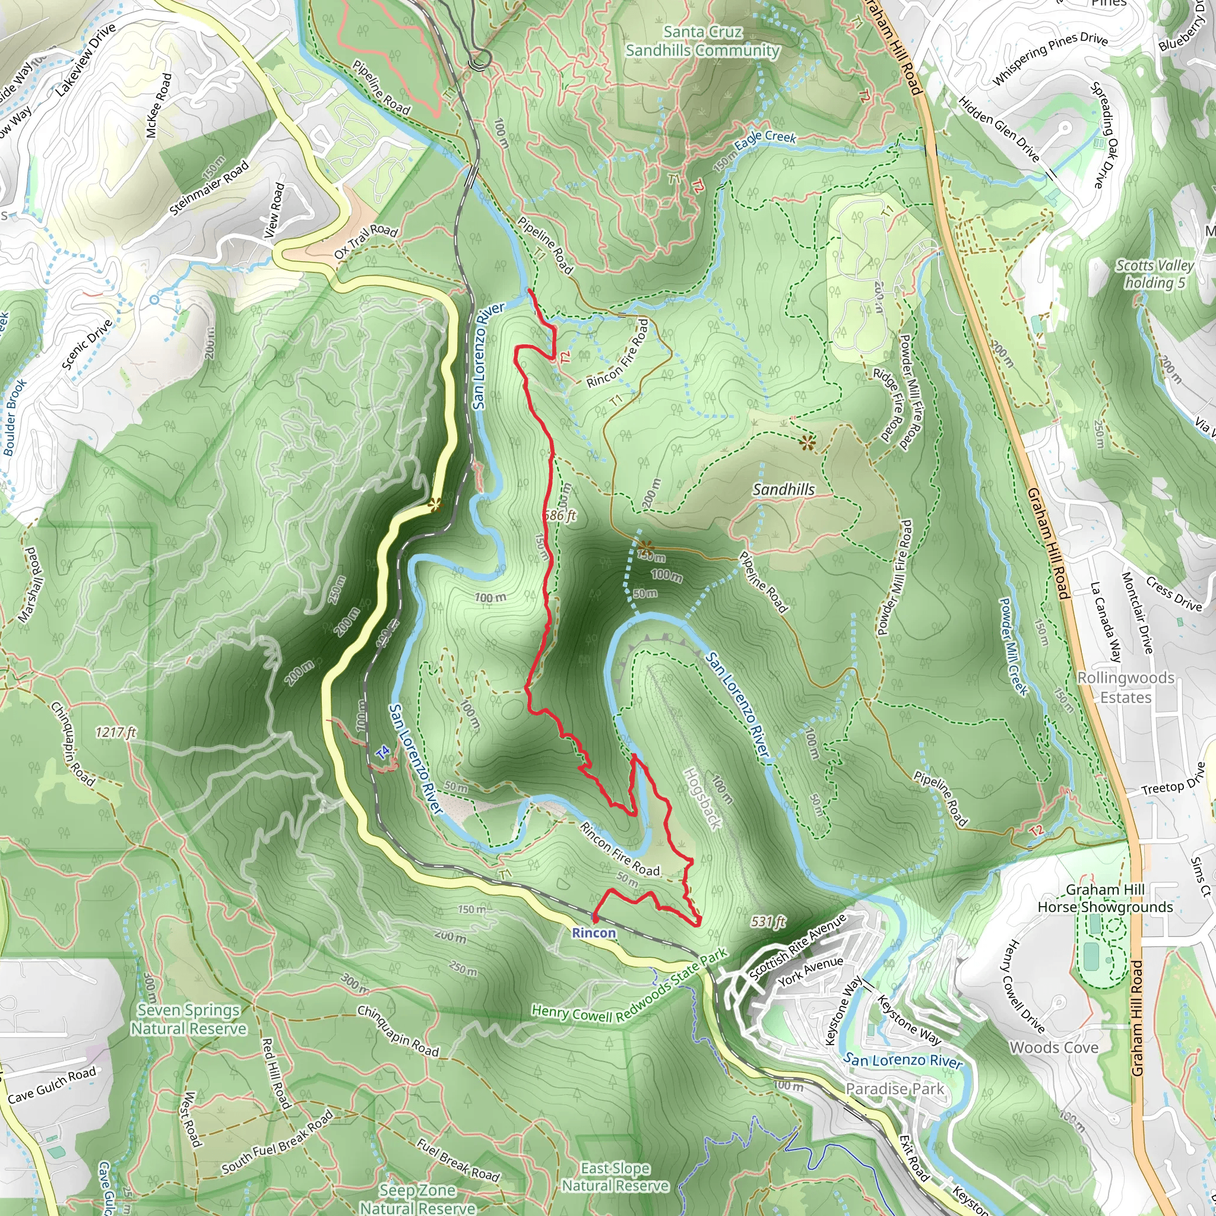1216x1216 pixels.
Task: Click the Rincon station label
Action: coord(594,933)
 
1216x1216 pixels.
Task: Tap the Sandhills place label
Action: coord(784,490)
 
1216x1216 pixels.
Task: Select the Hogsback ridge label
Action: coord(702,798)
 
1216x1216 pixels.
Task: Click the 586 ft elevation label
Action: coord(559,515)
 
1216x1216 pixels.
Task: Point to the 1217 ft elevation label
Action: coord(116,732)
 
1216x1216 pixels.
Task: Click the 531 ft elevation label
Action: coord(768,922)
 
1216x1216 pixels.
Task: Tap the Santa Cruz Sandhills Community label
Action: coord(702,41)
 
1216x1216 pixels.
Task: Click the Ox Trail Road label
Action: coord(366,242)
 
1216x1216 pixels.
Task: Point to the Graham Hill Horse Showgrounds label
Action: coord(1105,898)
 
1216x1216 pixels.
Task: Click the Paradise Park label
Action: coord(894,1089)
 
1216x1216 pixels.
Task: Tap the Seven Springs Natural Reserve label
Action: coord(189,1019)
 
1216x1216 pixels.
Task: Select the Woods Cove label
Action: coord(1054,1047)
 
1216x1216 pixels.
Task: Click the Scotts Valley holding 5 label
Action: coord(1154,274)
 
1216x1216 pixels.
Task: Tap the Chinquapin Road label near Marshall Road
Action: coord(73,744)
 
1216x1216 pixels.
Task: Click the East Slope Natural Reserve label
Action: coord(615,1176)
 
